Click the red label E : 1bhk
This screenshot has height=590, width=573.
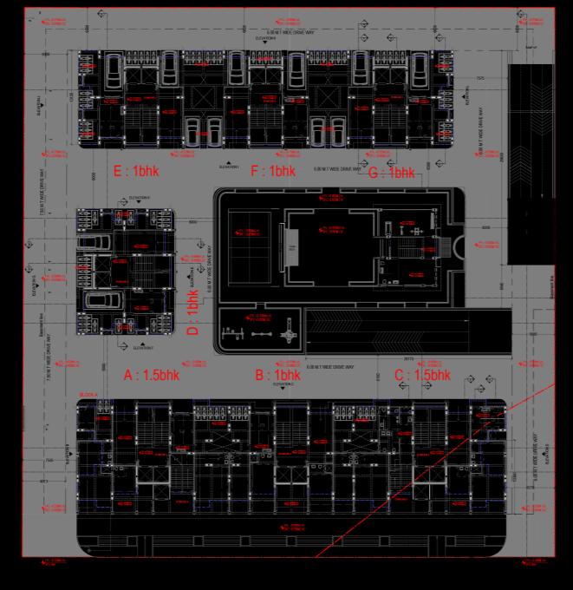pyautogui.click(x=136, y=172)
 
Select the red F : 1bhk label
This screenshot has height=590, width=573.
pyautogui.click(x=273, y=172)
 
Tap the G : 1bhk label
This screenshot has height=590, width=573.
pyautogui.click(x=391, y=172)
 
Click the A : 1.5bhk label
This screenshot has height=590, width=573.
pyautogui.click(x=151, y=376)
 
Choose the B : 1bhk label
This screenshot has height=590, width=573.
pyautogui.click(x=277, y=376)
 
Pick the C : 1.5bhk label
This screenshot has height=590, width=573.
pyautogui.click(x=422, y=376)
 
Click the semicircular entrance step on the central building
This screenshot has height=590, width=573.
pyautogui.click(x=459, y=247)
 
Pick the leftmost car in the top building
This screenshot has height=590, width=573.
pyautogui.click(x=113, y=69)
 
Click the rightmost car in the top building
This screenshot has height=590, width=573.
pyautogui.click(x=421, y=69)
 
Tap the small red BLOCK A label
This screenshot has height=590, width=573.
pyautogui.click(x=88, y=396)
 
